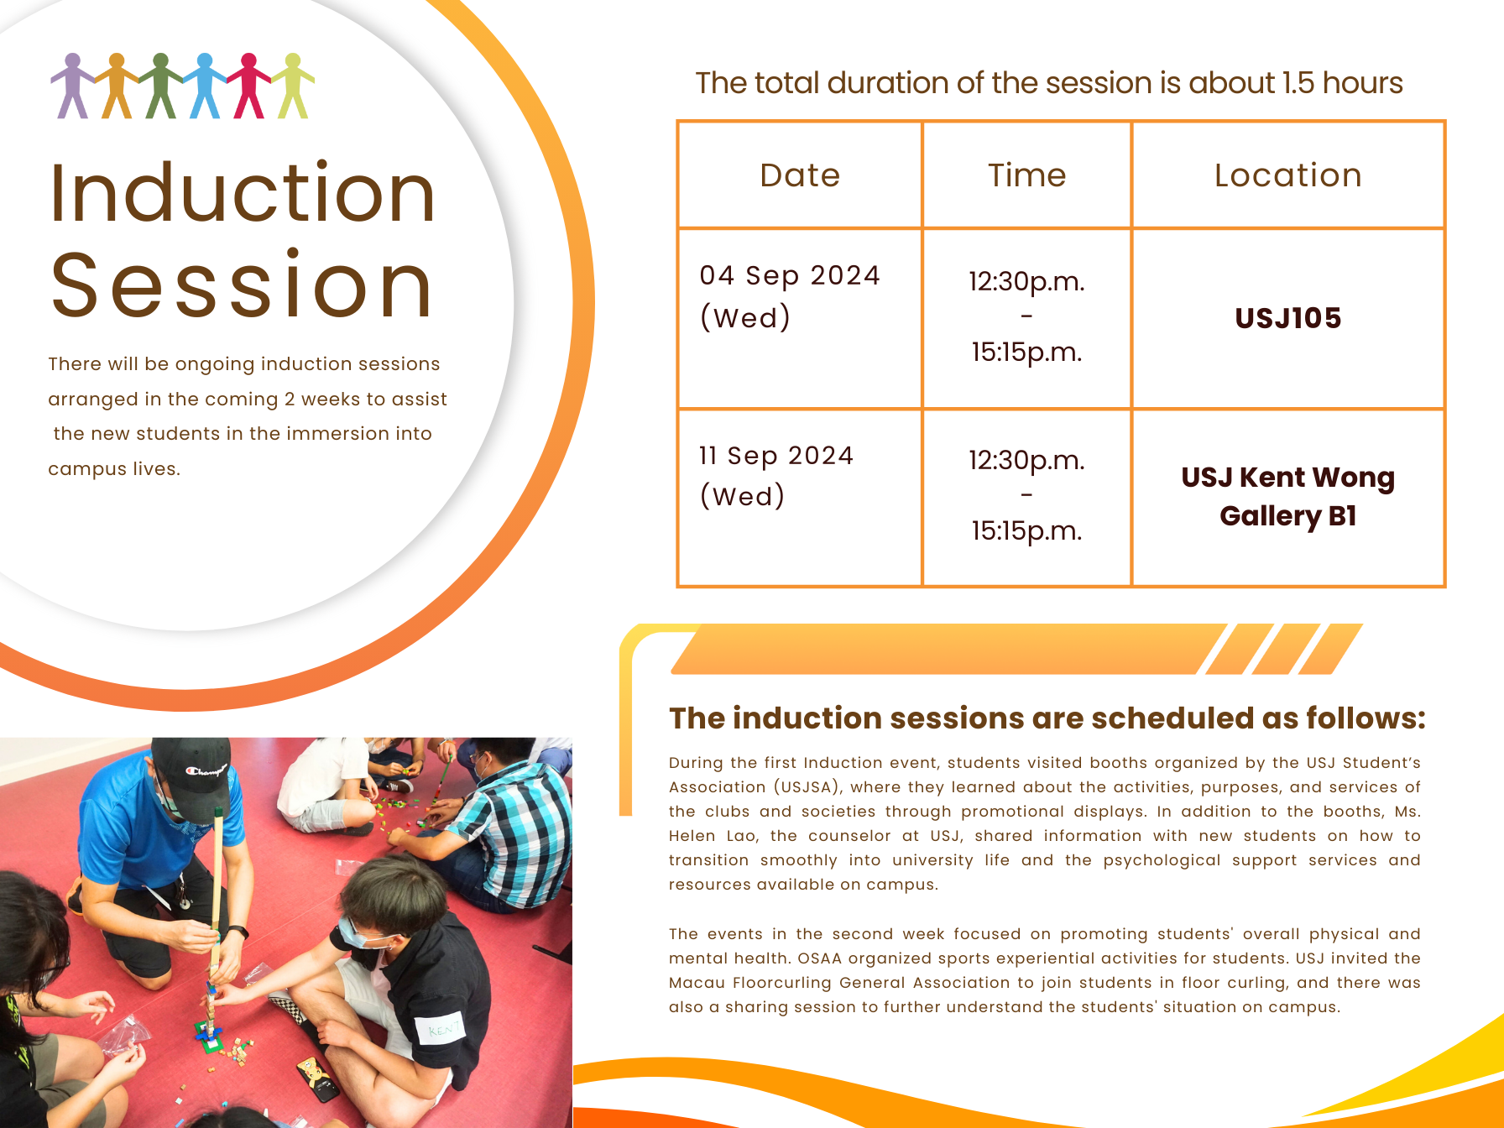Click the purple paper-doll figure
72,86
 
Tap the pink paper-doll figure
248,86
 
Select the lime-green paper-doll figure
292,86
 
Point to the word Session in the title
243,285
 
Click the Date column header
800,175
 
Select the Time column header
1026,175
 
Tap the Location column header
1288,175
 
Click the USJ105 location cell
1288,318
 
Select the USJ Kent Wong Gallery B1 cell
1288,497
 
